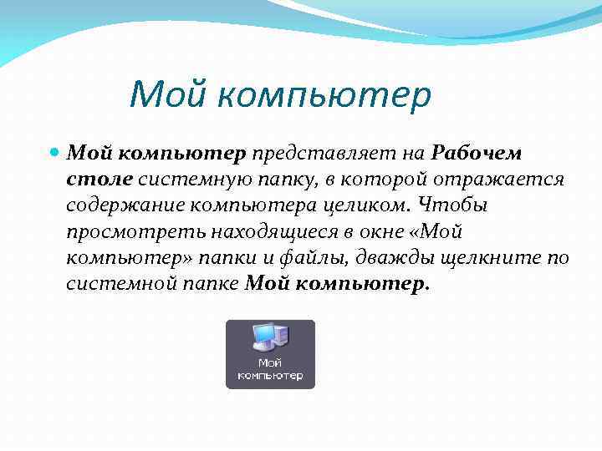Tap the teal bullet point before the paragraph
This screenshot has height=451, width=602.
click(54, 155)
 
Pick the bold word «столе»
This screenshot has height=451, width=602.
click(99, 180)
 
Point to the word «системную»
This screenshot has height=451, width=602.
click(189, 180)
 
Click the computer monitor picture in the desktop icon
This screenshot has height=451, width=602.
click(268, 338)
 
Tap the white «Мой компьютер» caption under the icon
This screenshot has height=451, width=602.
click(270, 369)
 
